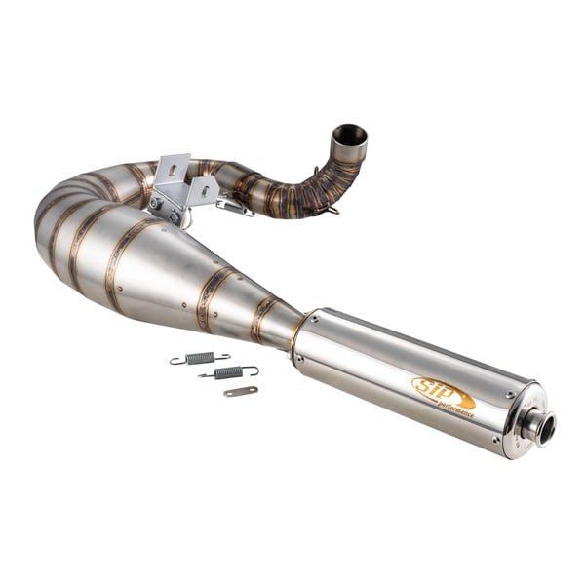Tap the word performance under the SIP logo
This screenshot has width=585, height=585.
[x=454, y=402]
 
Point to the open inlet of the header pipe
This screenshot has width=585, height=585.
[x=349, y=134]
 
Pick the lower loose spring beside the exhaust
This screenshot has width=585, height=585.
[x=229, y=371]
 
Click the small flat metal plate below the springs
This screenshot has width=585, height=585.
[x=240, y=391]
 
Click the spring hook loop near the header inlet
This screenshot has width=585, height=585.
[x=333, y=208]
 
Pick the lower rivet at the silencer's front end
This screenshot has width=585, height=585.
[x=299, y=358]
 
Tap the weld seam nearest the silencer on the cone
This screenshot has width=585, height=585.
[x=261, y=320]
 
